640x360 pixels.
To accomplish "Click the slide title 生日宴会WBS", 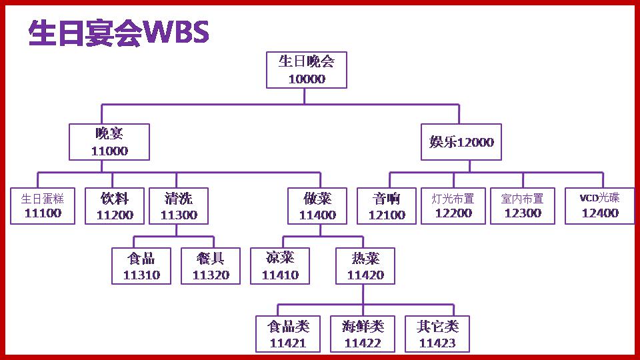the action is [119, 33].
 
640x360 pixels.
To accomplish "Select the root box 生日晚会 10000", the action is [307, 70].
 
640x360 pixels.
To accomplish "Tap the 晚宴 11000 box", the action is [109, 142].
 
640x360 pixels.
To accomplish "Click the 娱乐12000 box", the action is [461, 142].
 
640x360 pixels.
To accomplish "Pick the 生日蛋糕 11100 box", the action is [43, 206].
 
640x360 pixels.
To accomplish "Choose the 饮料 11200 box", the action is [115, 206].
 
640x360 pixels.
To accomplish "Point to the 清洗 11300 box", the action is [179, 206].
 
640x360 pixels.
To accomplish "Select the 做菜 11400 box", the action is [317, 206].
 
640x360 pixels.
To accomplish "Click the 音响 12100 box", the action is [387, 206].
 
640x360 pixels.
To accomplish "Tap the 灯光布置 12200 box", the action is [453, 206].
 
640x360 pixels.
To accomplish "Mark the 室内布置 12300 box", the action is [523, 206].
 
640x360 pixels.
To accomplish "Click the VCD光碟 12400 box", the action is [600, 206].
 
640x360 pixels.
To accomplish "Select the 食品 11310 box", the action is [141, 266].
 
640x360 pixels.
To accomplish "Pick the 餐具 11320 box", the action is [211, 266].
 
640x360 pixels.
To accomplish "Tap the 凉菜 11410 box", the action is [280, 266].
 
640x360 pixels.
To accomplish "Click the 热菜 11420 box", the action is [365, 266].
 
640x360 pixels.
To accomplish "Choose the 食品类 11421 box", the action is [288, 334].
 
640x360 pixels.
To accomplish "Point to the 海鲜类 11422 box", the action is [363, 334].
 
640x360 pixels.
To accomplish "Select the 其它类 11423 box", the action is [437, 334].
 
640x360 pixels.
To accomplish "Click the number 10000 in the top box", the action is [307, 79].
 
